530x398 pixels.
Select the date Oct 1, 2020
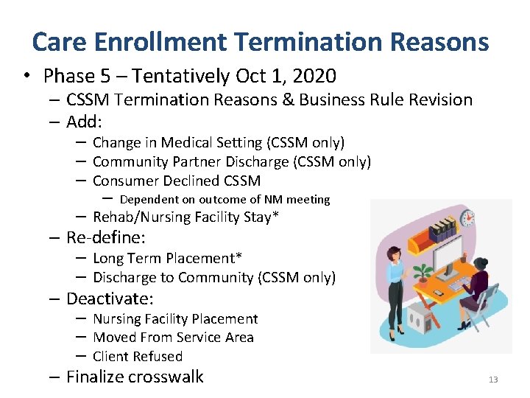[286, 76]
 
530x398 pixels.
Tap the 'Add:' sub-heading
[86, 122]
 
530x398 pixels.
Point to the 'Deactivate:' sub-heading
[110, 298]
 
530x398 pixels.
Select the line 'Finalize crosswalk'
[135, 377]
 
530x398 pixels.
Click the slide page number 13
[492, 380]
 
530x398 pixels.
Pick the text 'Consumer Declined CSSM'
[177, 181]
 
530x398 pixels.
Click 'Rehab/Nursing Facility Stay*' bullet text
[186, 217]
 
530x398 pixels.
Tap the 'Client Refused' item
[138, 356]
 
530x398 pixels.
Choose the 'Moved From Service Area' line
[173, 338]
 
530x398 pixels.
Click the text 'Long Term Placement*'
[167, 258]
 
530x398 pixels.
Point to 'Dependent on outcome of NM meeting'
[225, 199]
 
